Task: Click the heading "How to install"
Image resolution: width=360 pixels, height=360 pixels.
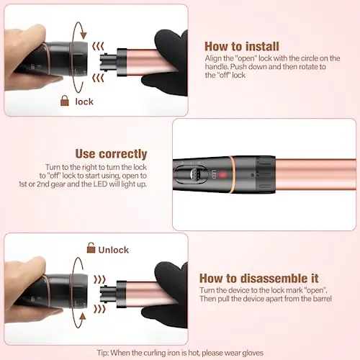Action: (x=242, y=46)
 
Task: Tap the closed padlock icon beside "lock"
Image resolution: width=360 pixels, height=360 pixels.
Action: (x=65, y=101)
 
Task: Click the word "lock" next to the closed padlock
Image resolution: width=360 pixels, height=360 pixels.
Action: (x=84, y=102)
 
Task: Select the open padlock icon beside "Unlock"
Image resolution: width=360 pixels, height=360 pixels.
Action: (x=91, y=248)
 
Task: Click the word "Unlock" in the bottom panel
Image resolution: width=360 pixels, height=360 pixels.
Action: (x=114, y=250)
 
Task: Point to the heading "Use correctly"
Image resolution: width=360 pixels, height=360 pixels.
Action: (x=111, y=154)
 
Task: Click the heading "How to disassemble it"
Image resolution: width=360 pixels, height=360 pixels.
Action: (x=259, y=279)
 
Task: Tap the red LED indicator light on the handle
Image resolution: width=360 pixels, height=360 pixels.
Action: (x=222, y=174)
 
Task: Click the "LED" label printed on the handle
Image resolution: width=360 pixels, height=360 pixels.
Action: (x=214, y=174)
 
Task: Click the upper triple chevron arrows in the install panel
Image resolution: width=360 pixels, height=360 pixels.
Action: (x=98, y=46)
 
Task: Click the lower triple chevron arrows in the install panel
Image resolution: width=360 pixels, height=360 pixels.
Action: (x=98, y=78)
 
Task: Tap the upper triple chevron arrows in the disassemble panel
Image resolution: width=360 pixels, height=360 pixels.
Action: (x=99, y=279)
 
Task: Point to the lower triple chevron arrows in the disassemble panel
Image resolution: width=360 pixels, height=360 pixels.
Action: (x=99, y=309)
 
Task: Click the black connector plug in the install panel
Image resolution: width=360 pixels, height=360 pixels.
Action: (x=108, y=62)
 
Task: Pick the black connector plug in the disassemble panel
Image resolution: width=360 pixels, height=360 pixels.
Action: (x=108, y=294)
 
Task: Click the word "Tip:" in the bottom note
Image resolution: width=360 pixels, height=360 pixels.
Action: (x=103, y=353)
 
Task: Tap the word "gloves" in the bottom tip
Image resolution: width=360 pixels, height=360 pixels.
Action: (x=253, y=353)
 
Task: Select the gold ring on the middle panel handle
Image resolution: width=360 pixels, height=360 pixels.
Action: (x=232, y=174)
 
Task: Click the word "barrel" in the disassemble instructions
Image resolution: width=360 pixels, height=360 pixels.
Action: (x=322, y=299)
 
